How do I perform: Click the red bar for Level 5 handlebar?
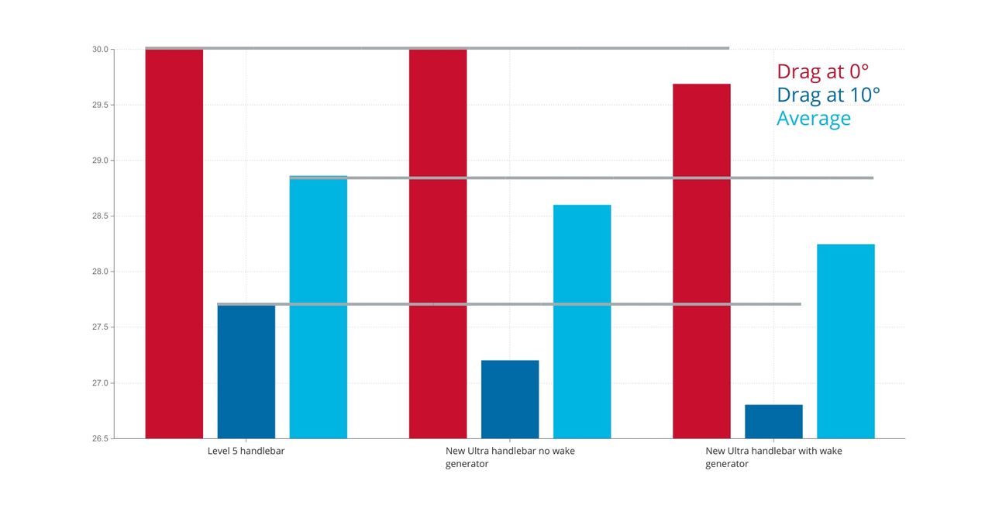(x=174, y=244)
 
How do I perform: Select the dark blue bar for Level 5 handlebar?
(x=246, y=372)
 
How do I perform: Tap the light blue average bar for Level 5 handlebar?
(x=319, y=307)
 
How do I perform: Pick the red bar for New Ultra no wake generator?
(x=438, y=244)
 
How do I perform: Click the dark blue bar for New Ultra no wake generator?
(x=510, y=400)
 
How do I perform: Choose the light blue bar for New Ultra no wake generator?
(x=582, y=321)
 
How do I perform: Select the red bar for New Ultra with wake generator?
(x=701, y=261)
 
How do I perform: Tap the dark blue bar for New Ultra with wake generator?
(x=773, y=421)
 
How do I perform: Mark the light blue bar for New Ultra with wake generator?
(x=846, y=341)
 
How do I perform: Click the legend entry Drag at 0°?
(x=823, y=71)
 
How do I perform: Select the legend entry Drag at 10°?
(x=828, y=95)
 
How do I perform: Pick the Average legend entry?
(x=814, y=119)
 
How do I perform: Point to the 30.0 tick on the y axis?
(x=100, y=49)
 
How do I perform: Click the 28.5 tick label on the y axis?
(x=100, y=216)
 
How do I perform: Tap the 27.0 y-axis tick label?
(x=100, y=382)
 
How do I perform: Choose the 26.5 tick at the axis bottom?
(x=100, y=438)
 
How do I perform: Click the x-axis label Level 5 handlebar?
(x=246, y=451)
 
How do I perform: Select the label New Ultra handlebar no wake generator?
(x=510, y=457)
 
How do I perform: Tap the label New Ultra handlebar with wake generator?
(x=773, y=457)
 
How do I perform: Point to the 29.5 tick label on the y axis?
(x=100, y=105)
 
